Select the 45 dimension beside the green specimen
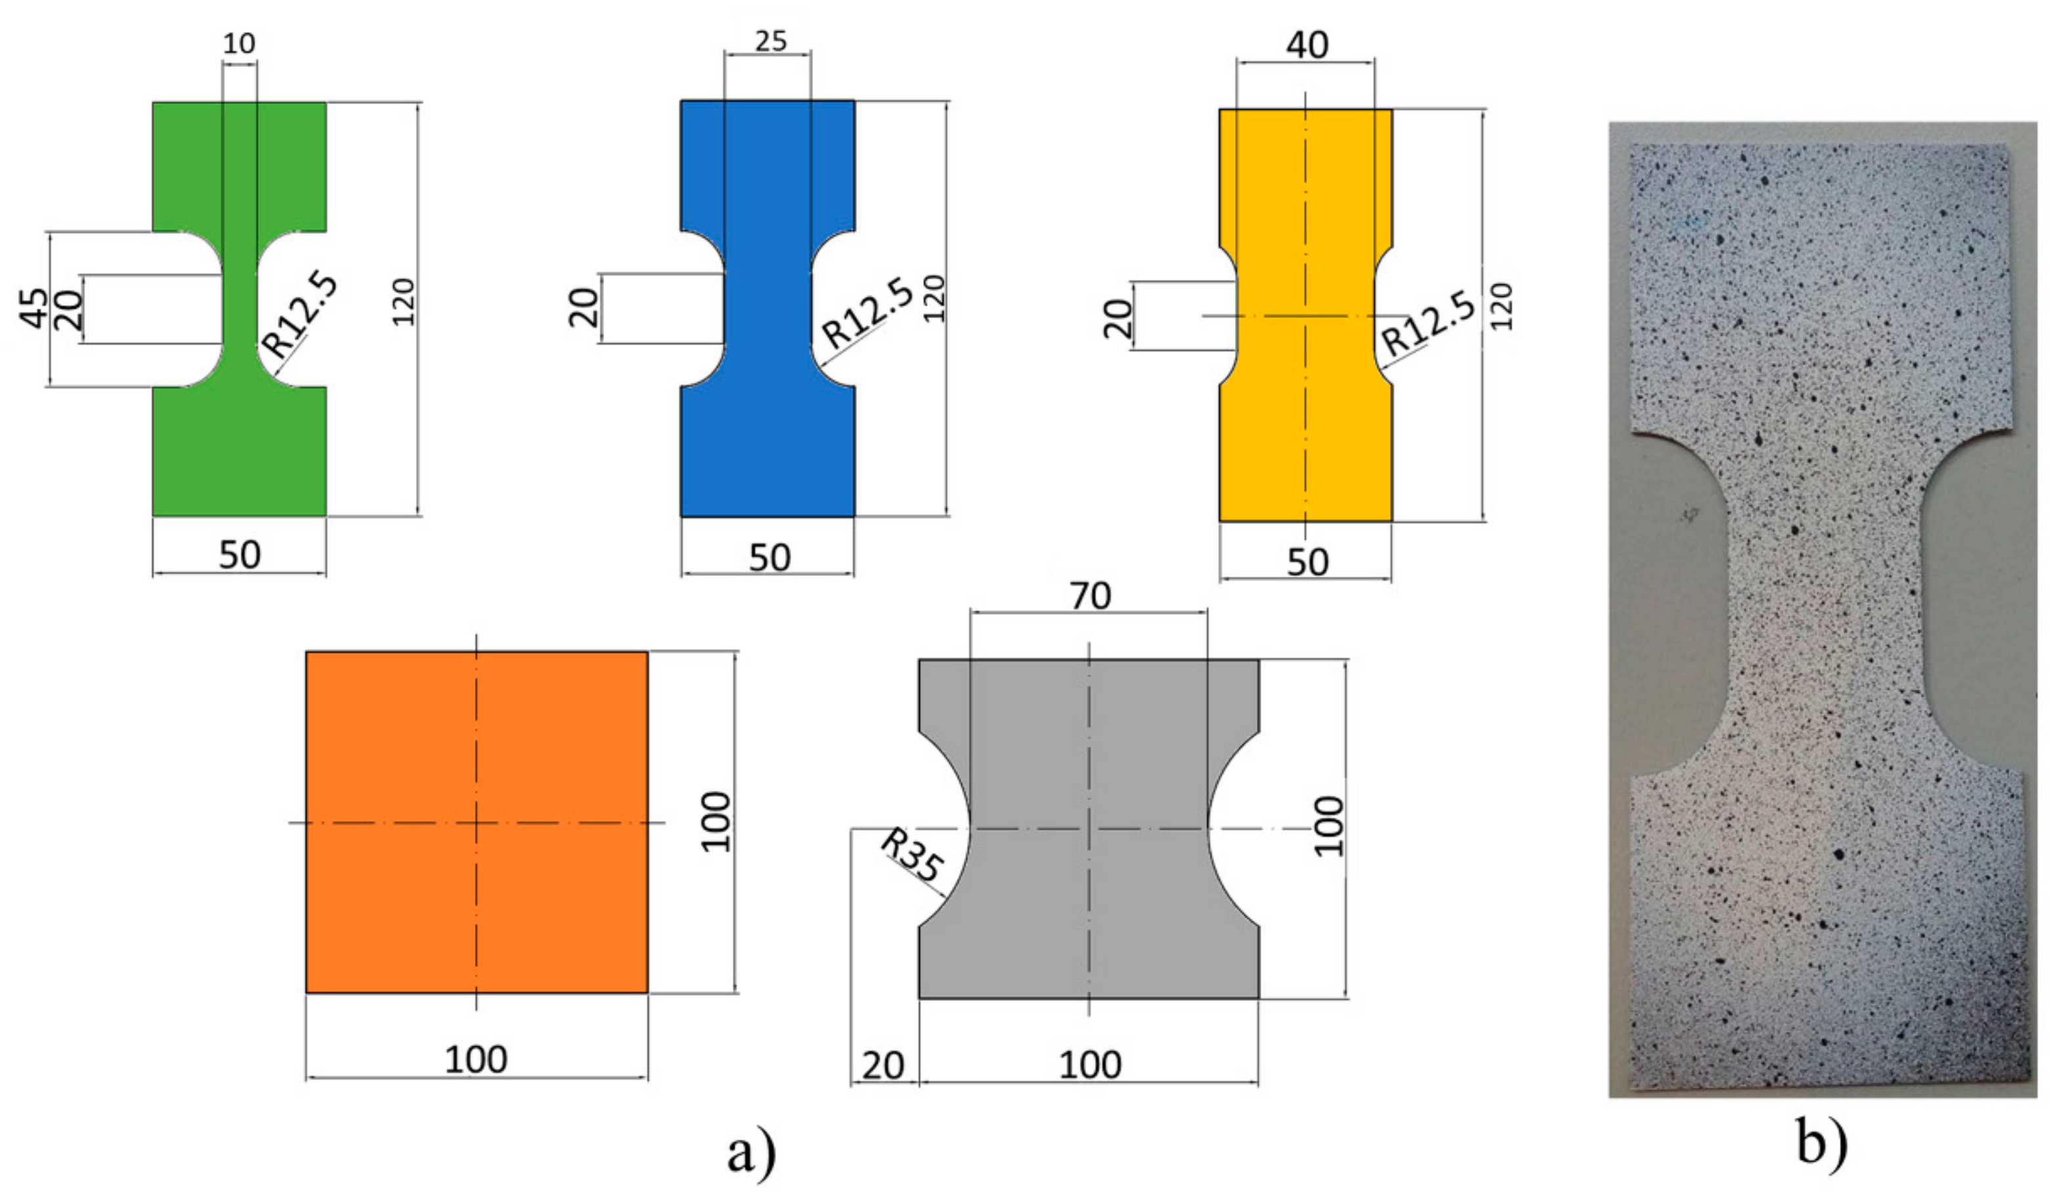coord(34,308)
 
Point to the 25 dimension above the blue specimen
coord(771,41)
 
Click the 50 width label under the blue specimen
coord(769,558)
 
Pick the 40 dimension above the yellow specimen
coord(1307,45)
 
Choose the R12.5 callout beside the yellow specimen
coord(1428,324)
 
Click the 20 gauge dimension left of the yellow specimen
coord(1117,317)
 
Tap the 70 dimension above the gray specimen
coord(1090,596)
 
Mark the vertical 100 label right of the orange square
coord(716,822)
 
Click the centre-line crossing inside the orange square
coord(477,822)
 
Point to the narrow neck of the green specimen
coord(240,309)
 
